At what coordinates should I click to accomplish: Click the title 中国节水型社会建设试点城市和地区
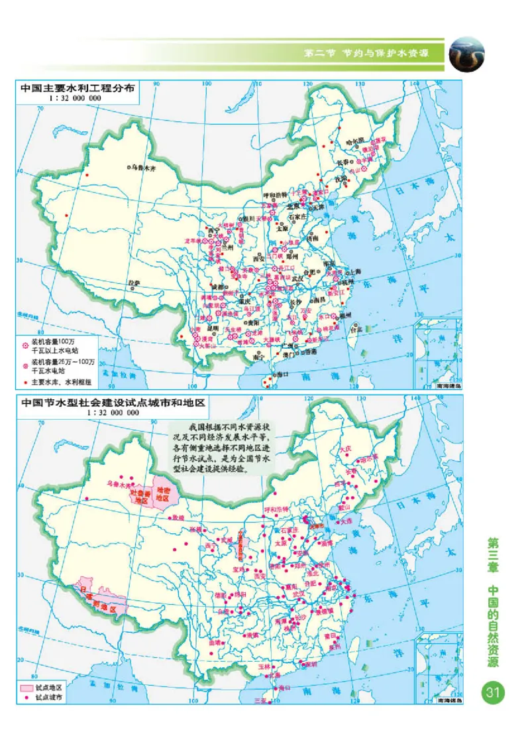click(x=113, y=403)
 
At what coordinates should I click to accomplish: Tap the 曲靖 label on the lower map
click(x=213, y=643)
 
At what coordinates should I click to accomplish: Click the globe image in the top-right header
click(x=466, y=54)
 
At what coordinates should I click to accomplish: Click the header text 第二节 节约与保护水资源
click(x=368, y=53)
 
